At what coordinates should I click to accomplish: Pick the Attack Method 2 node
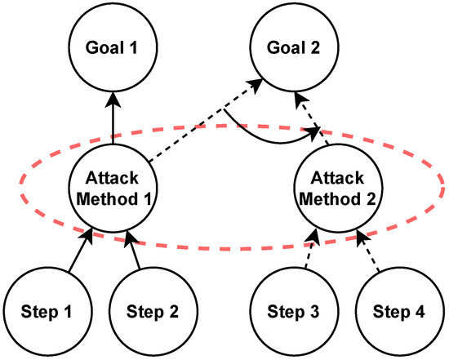point(336,189)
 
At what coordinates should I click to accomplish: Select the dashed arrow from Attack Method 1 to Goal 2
point(208,122)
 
